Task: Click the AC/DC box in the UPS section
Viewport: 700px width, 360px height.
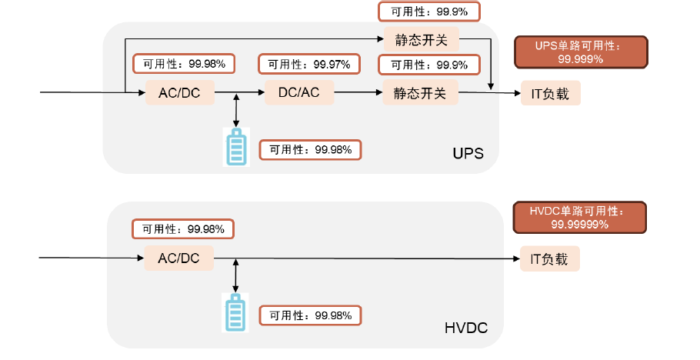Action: [179, 93]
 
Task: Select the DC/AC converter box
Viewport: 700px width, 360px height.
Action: [298, 93]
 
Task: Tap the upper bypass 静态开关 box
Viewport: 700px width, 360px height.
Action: [420, 38]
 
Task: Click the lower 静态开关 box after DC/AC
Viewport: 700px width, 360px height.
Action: [420, 93]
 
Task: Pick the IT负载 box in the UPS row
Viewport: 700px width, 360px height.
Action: [550, 93]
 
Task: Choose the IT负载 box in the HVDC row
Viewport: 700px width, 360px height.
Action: [549, 258]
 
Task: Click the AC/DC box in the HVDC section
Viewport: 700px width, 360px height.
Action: [178, 258]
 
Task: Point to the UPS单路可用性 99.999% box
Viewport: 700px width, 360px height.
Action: [580, 52]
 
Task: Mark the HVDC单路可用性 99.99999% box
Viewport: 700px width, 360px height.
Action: [579, 218]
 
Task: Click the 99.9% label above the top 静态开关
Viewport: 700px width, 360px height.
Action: [429, 11]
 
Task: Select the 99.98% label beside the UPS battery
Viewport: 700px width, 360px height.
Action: [310, 150]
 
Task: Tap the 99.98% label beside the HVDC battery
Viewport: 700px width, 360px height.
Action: [310, 315]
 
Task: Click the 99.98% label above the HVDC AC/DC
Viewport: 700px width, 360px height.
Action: [182, 229]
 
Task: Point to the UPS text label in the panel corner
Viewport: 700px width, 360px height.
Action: [468, 153]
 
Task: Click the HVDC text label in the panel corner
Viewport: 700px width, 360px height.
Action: [466, 328]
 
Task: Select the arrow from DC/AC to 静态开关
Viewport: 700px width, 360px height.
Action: [358, 93]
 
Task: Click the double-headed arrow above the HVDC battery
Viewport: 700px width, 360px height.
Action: [235, 275]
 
